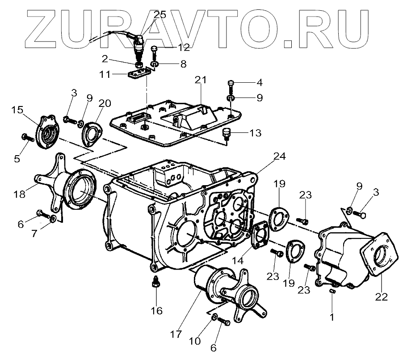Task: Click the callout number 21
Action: [x=201, y=80]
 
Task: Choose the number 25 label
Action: [x=160, y=14]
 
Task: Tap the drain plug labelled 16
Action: [x=155, y=283]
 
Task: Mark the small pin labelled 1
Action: [x=332, y=291]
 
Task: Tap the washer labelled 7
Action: [x=53, y=218]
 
